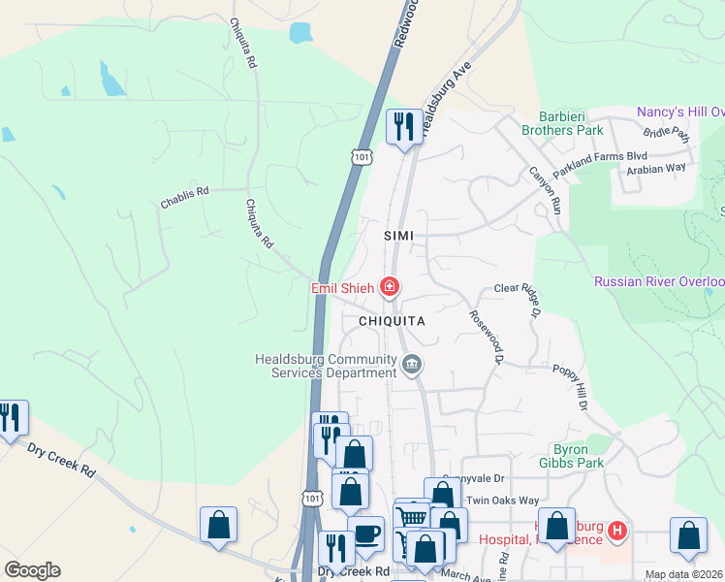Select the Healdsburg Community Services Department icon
(412, 366)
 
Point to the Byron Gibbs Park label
(578, 456)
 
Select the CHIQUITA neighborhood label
(393, 319)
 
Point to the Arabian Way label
(655, 168)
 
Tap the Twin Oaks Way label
(502, 501)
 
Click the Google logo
(32, 570)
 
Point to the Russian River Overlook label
(659, 282)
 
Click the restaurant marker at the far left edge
(11, 418)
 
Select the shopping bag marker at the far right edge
(687, 535)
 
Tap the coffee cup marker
(366, 533)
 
